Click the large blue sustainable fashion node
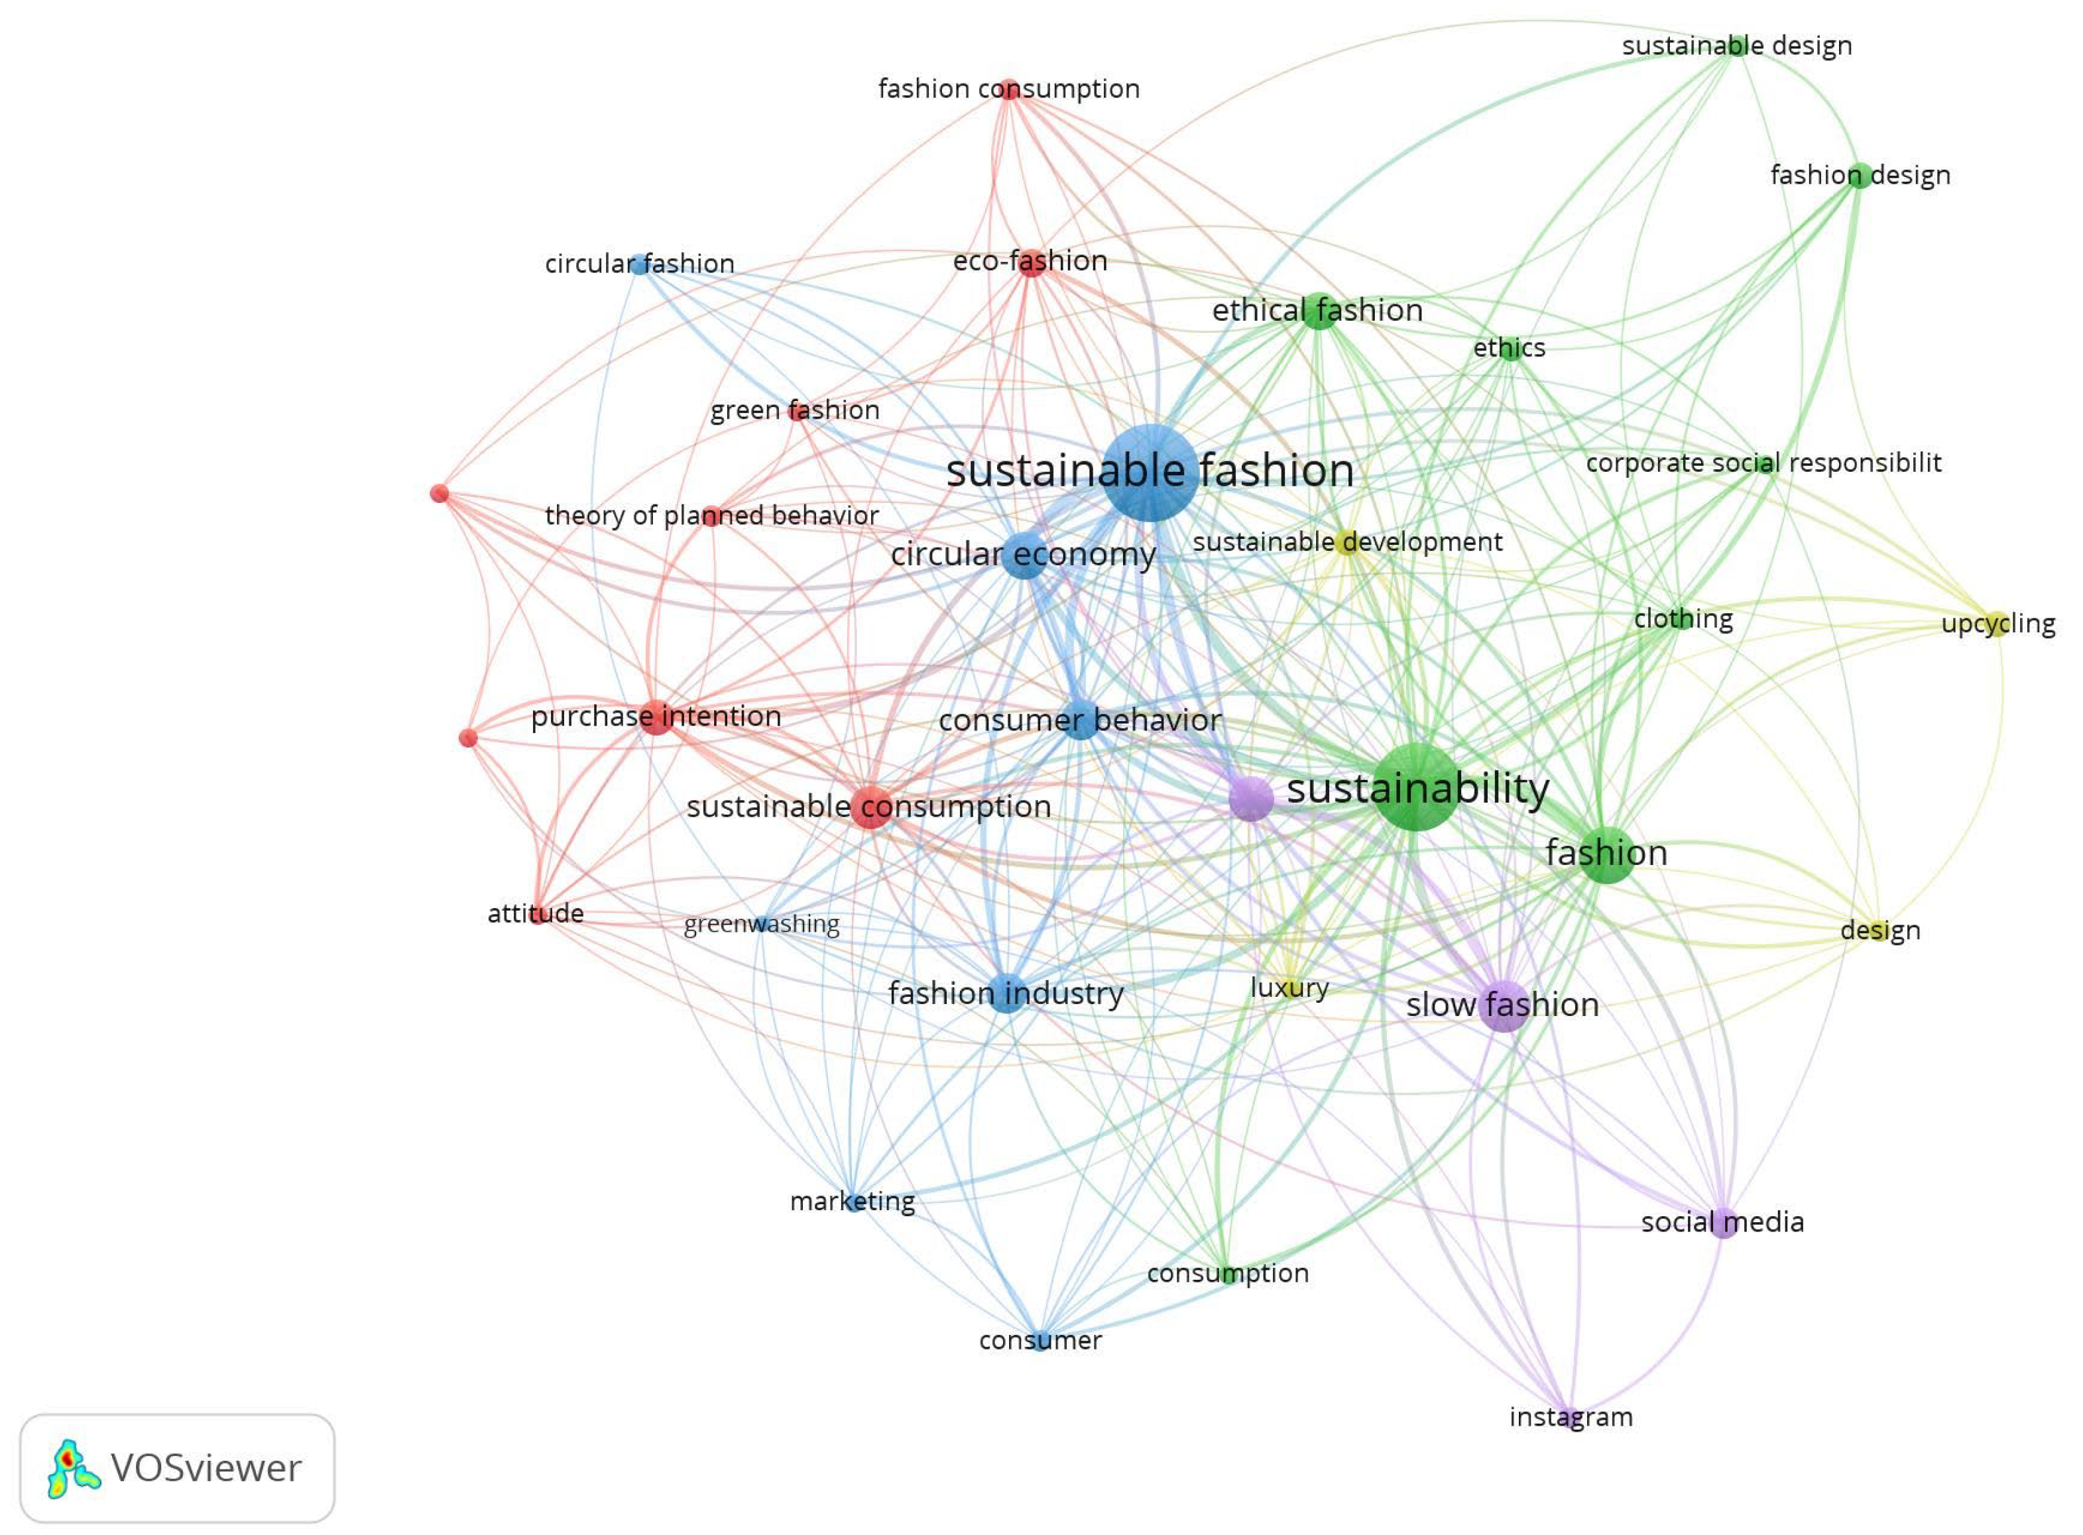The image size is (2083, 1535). click(1150, 472)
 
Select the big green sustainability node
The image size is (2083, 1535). click(1415, 788)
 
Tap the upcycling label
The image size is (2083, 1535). click(1997, 624)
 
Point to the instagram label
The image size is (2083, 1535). click(1570, 1417)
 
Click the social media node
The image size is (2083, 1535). click(1722, 1223)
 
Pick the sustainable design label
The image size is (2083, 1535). click(1736, 46)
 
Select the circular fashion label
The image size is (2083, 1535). click(640, 264)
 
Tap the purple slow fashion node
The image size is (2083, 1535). click(1503, 1005)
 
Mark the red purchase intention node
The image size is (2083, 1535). click(656, 716)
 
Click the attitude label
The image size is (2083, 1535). click(536, 913)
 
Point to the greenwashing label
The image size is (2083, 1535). click(761, 925)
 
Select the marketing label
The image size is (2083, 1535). click(853, 1202)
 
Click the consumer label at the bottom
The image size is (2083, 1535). click(1040, 1340)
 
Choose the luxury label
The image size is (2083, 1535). click(1289, 988)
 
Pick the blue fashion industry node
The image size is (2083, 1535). click(1006, 994)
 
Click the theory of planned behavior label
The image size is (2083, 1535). click(711, 516)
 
